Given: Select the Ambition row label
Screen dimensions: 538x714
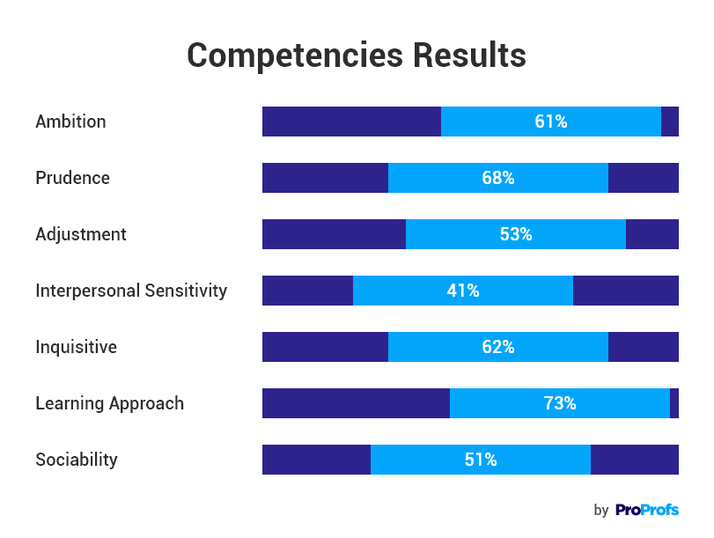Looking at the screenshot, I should coord(70,122).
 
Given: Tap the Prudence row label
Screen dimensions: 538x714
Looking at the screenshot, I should coord(72,178).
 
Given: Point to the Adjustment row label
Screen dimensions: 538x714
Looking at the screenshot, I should coord(81,234).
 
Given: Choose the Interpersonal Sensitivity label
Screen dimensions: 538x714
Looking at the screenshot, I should coord(131,291).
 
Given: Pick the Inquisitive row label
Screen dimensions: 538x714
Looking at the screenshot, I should coord(76,347).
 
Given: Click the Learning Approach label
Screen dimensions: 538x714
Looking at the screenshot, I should coord(109,403).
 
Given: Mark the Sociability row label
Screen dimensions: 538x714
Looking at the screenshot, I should coord(76,460).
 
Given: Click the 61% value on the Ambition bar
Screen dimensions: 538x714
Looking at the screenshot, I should coord(551,122).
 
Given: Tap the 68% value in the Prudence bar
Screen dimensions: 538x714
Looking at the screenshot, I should coord(498,178).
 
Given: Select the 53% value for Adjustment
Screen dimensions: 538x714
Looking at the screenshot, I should coord(516,234).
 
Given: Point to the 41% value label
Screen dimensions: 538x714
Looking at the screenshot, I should coord(463,291).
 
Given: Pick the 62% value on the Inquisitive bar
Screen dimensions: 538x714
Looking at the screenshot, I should coord(498,347).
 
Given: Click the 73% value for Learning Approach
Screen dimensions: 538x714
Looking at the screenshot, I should coord(560,403).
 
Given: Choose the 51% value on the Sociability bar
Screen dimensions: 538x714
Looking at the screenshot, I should coord(481,460).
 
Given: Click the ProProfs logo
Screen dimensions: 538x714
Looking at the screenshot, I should coord(647,510).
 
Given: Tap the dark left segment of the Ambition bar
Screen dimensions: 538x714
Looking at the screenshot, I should coord(351,122).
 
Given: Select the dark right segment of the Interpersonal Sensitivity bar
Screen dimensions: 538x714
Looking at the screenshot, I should coord(626,291).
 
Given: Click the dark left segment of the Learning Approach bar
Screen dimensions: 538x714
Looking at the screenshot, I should coord(356,403).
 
